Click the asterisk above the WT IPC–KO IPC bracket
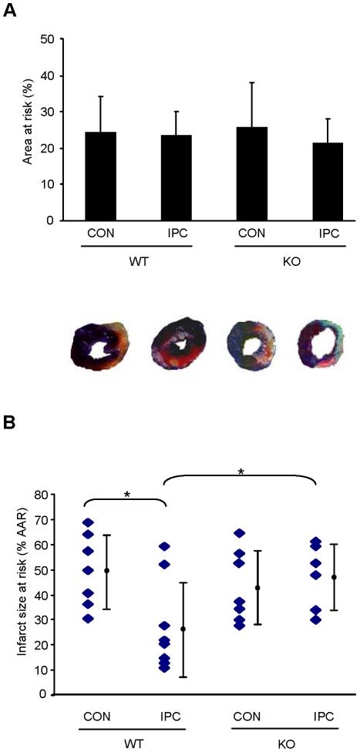click(x=241, y=472)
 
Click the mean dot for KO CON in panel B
click(x=258, y=587)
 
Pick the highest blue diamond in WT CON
click(x=88, y=523)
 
